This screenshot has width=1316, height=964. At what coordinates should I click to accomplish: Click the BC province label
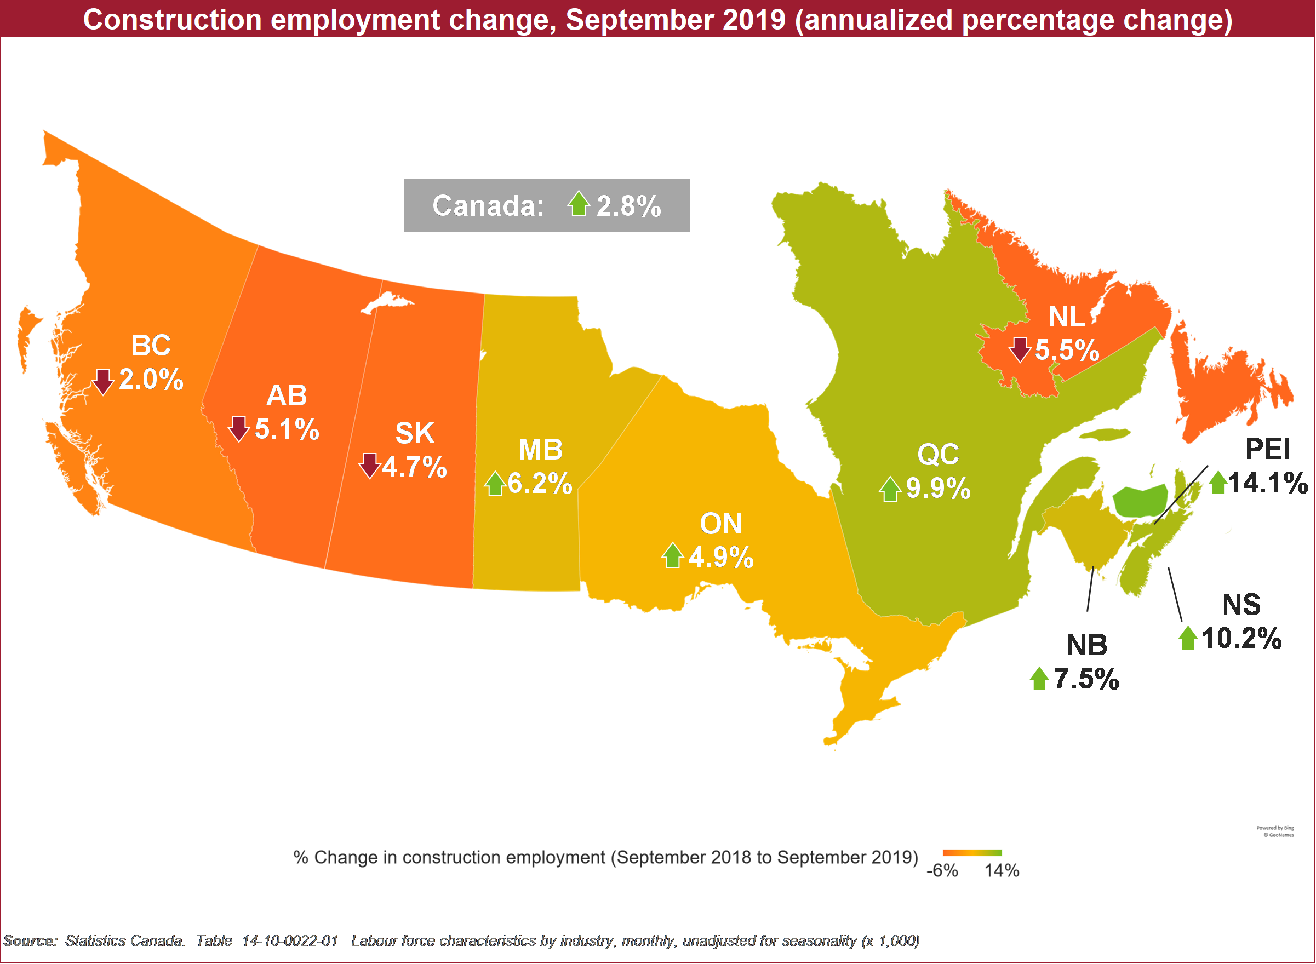[151, 346]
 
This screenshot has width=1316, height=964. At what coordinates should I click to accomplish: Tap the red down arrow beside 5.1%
[239, 429]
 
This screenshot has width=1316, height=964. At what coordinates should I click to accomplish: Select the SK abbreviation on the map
[414, 433]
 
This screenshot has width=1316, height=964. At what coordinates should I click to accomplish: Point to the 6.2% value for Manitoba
[540, 484]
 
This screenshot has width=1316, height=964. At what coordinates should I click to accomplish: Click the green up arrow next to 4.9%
[673, 555]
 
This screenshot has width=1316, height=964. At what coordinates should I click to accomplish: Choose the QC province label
[938, 455]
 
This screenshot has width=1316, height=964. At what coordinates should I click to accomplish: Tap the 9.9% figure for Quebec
[939, 489]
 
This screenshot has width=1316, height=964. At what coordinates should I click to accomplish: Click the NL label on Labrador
[1067, 317]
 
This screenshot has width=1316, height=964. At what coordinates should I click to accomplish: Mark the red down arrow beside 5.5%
[1020, 349]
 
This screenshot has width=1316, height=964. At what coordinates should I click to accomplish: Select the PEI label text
[1268, 449]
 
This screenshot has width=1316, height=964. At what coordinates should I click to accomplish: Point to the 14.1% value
[1268, 483]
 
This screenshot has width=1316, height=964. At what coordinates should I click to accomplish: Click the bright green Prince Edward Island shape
[1140, 501]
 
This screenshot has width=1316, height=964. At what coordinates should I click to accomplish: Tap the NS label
[1241, 605]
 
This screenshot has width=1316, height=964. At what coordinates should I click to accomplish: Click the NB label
[1086, 645]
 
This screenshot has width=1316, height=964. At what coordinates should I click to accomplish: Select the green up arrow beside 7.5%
[1039, 678]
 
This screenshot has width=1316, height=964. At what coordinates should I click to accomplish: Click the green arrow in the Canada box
[579, 203]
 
